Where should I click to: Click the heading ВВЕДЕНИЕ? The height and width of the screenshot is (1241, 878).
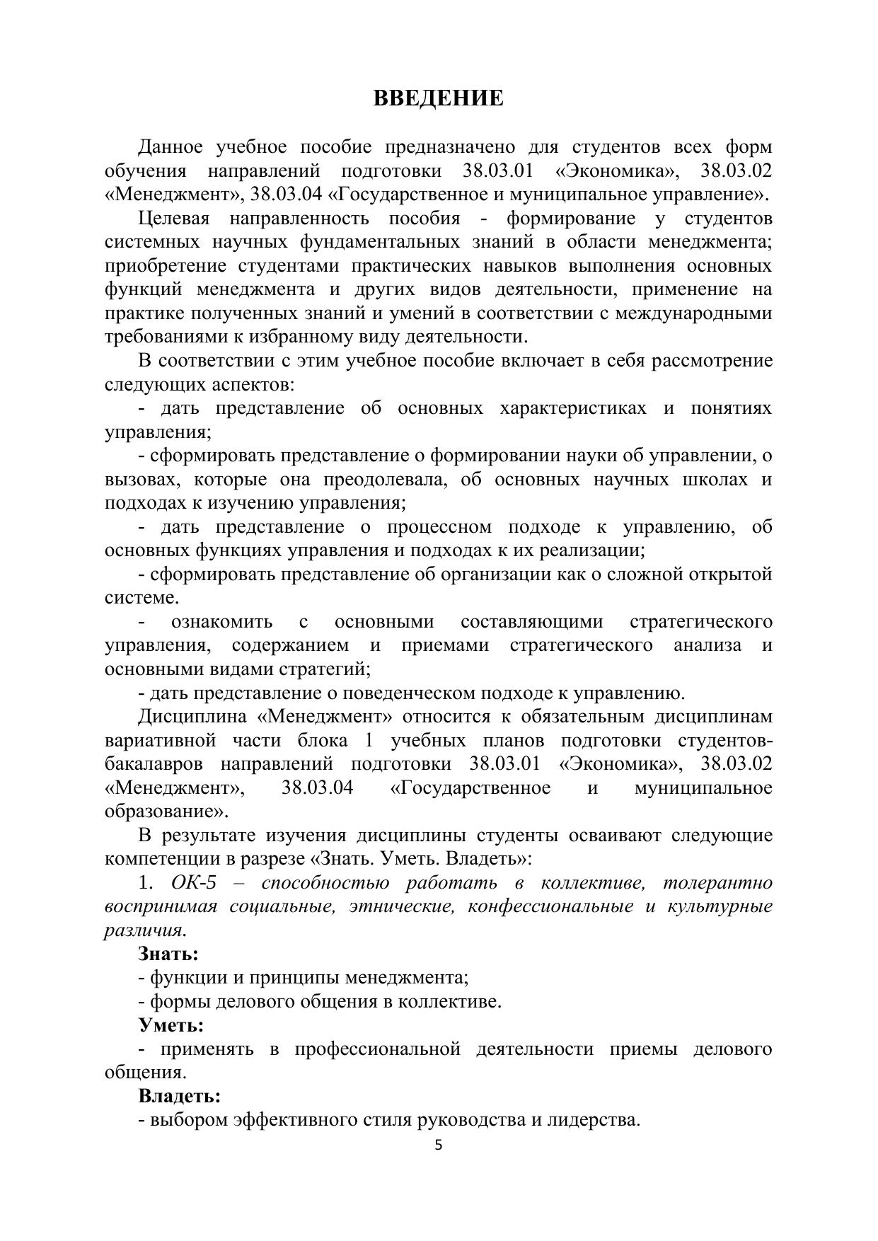(x=438, y=98)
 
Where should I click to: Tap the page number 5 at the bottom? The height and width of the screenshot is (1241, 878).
(x=438, y=1145)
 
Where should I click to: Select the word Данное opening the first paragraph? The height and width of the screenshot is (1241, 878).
(x=170, y=147)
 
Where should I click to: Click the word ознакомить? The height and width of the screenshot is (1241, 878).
(x=221, y=622)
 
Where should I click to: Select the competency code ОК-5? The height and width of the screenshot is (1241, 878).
(x=192, y=883)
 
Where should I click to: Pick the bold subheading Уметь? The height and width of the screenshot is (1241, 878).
(x=171, y=1025)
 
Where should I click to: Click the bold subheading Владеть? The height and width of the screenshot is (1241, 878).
(x=179, y=1097)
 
